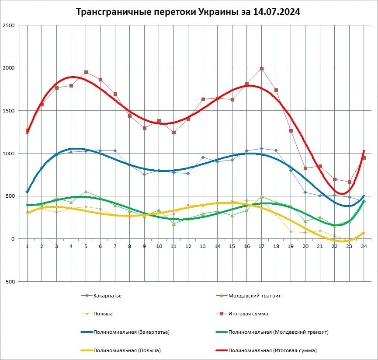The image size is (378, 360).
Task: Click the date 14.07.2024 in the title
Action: click(277, 12)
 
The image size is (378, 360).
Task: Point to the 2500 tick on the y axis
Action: click(8, 25)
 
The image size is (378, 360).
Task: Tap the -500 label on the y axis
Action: click(8, 282)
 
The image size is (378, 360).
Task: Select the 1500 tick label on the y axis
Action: click(8, 111)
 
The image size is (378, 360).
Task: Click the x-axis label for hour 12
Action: click(188, 247)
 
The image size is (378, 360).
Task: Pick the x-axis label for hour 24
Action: click(364, 247)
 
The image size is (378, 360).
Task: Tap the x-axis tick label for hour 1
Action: click(27, 247)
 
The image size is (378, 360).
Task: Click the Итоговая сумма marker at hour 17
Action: click(262, 69)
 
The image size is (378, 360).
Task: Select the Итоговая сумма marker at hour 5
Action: click(86, 72)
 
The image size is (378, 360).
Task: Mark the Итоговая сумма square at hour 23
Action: click(350, 182)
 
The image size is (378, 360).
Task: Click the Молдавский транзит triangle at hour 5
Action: click(86, 192)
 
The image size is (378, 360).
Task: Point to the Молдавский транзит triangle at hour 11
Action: click(174, 224)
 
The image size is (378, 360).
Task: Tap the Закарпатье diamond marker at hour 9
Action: click(145, 174)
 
